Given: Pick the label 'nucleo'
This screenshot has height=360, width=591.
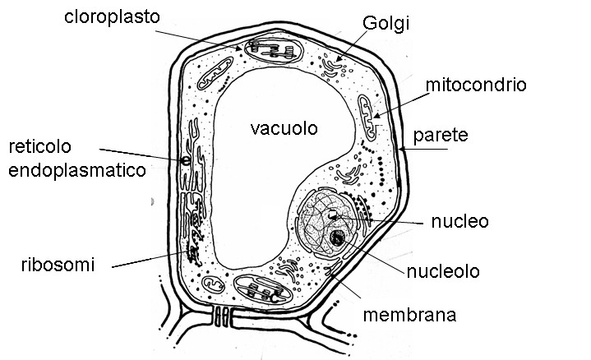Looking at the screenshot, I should point(459,221).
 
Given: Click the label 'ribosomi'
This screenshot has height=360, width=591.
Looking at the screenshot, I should point(58,265).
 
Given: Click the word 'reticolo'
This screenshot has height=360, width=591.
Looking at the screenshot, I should point(40,146).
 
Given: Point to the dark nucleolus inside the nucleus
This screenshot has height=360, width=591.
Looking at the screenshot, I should point(337,239).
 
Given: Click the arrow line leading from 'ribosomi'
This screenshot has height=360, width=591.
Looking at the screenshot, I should point(148,260).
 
